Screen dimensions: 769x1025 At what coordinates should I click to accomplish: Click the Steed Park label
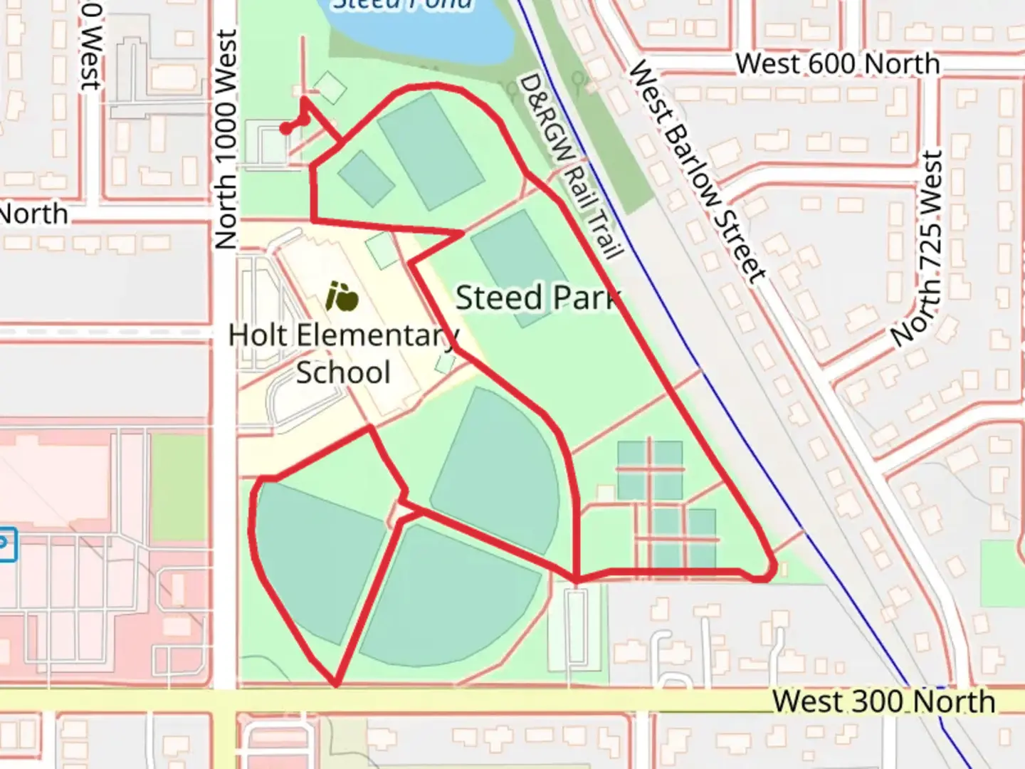coord(537,298)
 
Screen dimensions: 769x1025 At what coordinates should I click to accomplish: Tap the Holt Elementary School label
coord(343,354)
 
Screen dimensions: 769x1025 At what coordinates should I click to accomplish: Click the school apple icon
coord(342,297)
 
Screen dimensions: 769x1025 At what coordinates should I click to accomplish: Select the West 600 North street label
coord(837,64)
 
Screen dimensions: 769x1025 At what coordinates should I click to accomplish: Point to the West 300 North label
coord(883,701)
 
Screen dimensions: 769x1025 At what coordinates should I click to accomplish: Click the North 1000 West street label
coord(225,139)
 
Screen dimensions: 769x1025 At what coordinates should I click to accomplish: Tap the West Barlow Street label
coord(698,171)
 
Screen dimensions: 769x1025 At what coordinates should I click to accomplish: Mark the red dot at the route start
coord(285,129)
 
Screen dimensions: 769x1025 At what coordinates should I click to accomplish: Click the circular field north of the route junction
coord(498,470)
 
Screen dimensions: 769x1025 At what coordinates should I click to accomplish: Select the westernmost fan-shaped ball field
coord(320,555)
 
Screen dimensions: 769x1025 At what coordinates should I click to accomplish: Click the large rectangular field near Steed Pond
coord(430,151)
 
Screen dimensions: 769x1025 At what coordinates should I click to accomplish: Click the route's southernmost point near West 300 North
coord(335,685)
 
